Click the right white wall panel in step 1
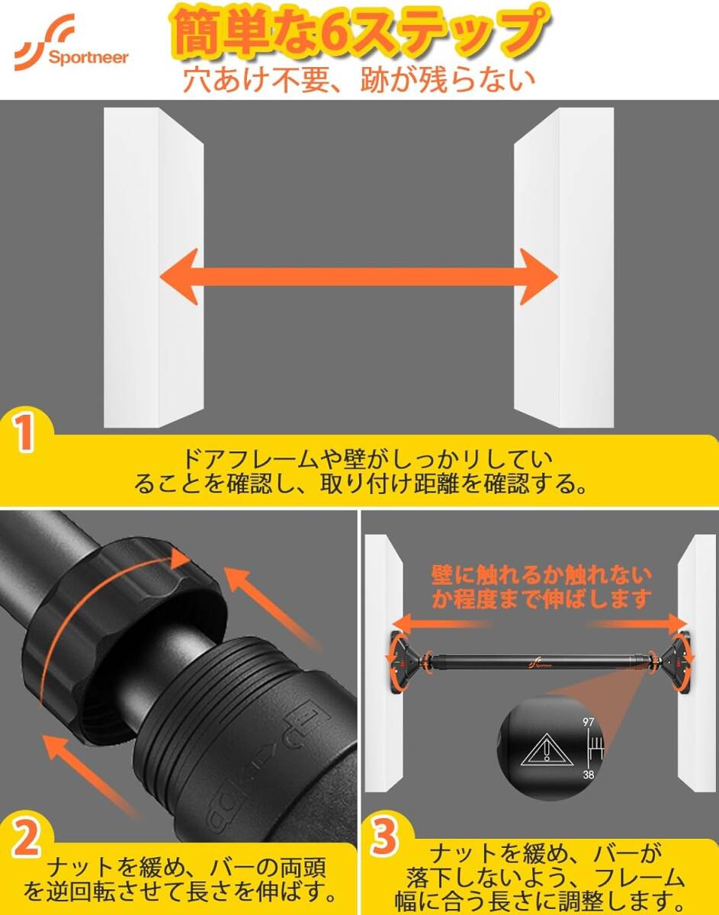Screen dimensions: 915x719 click(563, 267)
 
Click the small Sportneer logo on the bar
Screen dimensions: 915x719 click(538, 662)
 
